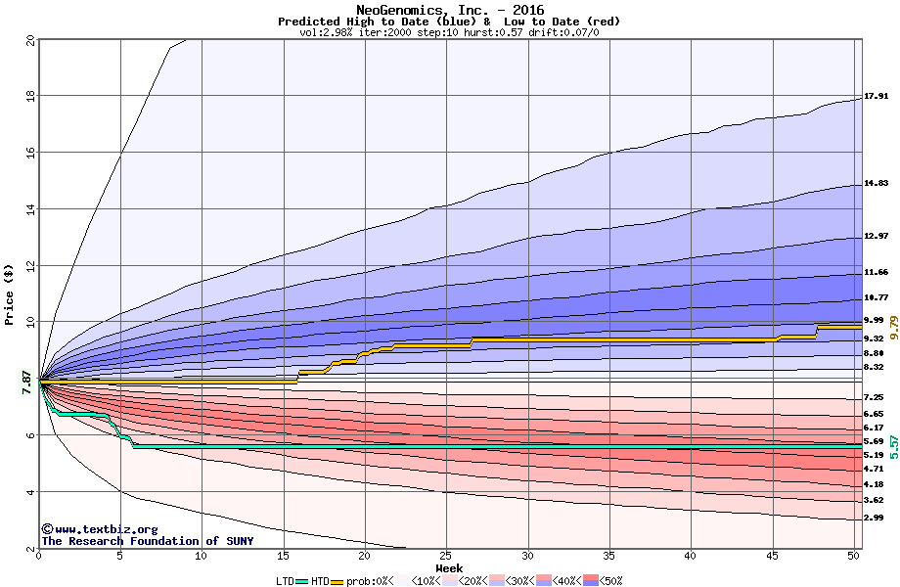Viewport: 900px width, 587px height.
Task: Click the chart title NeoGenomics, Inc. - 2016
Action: click(449, 10)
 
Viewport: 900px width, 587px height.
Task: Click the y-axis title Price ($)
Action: click(10, 294)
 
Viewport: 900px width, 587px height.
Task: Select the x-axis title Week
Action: click(449, 567)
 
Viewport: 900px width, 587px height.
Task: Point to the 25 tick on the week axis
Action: click(446, 556)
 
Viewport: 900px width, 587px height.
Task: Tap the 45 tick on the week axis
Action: click(772, 556)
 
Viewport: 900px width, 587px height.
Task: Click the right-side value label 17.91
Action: click(876, 97)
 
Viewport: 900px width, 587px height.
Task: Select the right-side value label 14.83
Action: click(876, 183)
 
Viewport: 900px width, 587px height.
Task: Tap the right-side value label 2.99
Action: click(874, 518)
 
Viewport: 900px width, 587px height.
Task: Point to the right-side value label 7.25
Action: click(874, 397)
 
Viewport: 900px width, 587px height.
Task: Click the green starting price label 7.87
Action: click(26, 380)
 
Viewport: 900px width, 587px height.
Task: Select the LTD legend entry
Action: click(287, 580)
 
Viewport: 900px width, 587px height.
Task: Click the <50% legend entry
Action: click(608, 580)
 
